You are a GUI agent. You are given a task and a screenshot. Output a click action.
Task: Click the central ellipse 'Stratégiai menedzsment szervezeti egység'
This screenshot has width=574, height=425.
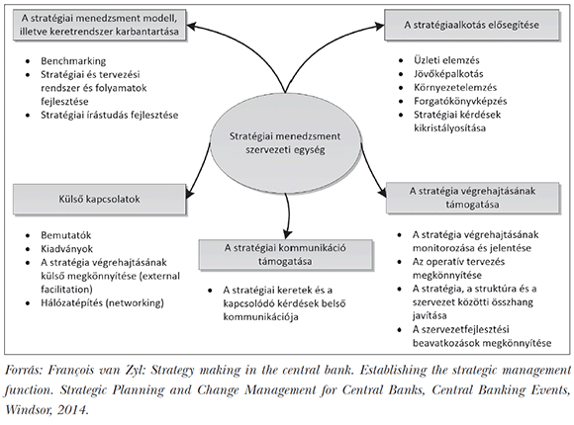coord(285,143)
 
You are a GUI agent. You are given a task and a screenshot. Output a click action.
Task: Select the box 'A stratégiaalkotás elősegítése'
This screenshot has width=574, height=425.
coord(471,25)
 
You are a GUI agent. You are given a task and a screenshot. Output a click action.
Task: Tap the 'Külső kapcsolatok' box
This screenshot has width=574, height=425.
coord(99,199)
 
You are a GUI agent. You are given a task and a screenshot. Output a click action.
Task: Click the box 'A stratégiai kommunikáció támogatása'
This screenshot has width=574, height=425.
coord(285,255)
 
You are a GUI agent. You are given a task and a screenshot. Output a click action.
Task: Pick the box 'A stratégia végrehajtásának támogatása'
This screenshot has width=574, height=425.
coord(473,198)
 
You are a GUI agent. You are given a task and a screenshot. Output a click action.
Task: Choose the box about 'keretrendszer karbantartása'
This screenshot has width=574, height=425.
coord(99,25)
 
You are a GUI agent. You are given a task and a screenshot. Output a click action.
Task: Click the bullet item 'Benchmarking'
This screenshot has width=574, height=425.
coord(73,60)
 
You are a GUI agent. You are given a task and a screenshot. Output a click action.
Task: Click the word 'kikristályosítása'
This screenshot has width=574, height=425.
coord(450,128)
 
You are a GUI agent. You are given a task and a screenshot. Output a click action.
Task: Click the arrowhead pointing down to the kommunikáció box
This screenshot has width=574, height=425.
coord(288,234)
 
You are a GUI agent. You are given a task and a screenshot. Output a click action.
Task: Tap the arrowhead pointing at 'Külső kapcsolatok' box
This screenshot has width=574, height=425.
coord(190,194)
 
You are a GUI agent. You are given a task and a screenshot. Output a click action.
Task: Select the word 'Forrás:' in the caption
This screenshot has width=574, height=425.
coord(24,371)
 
